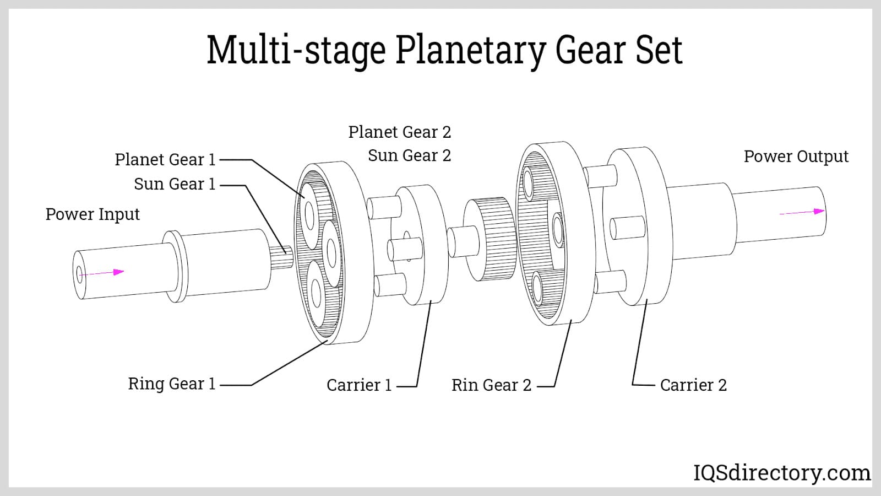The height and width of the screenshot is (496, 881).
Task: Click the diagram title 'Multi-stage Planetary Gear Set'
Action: (x=444, y=50)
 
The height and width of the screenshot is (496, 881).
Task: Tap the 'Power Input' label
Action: (x=93, y=214)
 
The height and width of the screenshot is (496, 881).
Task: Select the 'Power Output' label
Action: (x=796, y=157)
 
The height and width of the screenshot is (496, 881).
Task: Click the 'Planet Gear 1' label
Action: (x=165, y=159)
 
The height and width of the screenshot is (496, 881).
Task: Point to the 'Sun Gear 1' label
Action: (x=175, y=184)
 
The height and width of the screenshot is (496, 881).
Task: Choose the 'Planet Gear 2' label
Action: (x=400, y=132)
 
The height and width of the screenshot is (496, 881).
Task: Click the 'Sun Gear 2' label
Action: (x=410, y=155)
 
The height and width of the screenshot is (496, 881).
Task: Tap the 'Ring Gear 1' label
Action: (x=172, y=384)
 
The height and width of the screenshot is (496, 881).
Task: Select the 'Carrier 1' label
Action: (x=359, y=385)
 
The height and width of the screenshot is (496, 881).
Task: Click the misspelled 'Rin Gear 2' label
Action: (x=491, y=385)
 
